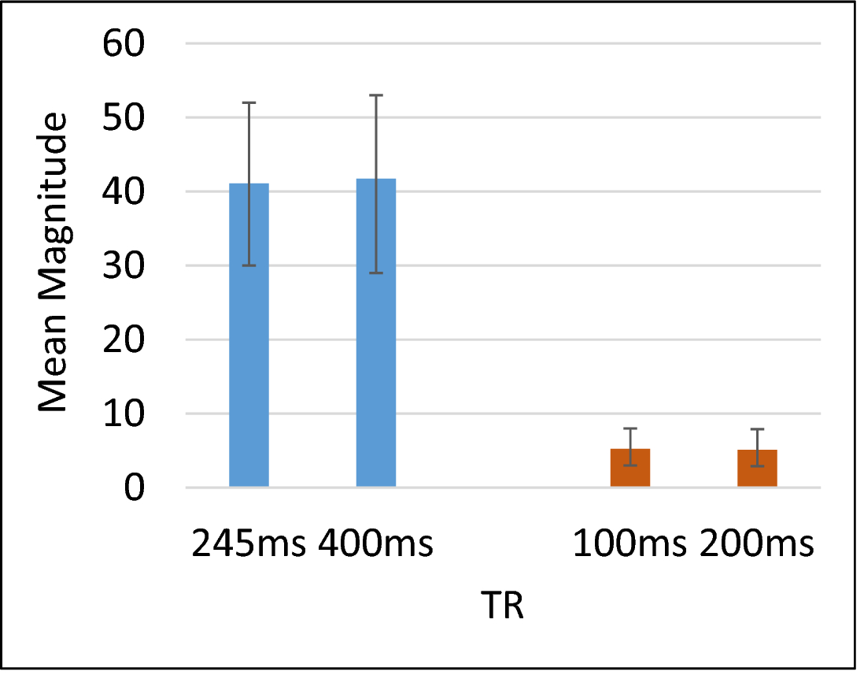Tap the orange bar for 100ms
(x=630, y=468)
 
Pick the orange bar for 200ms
(x=757, y=468)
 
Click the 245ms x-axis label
(x=249, y=544)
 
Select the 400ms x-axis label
(x=376, y=544)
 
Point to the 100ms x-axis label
(x=630, y=544)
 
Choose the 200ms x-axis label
(x=757, y=544)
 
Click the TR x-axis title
(x=502, y=608)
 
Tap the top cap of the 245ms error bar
(x=249, y=102)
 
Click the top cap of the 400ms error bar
(x=376, y=95)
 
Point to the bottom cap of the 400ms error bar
(x=376, y=273)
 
